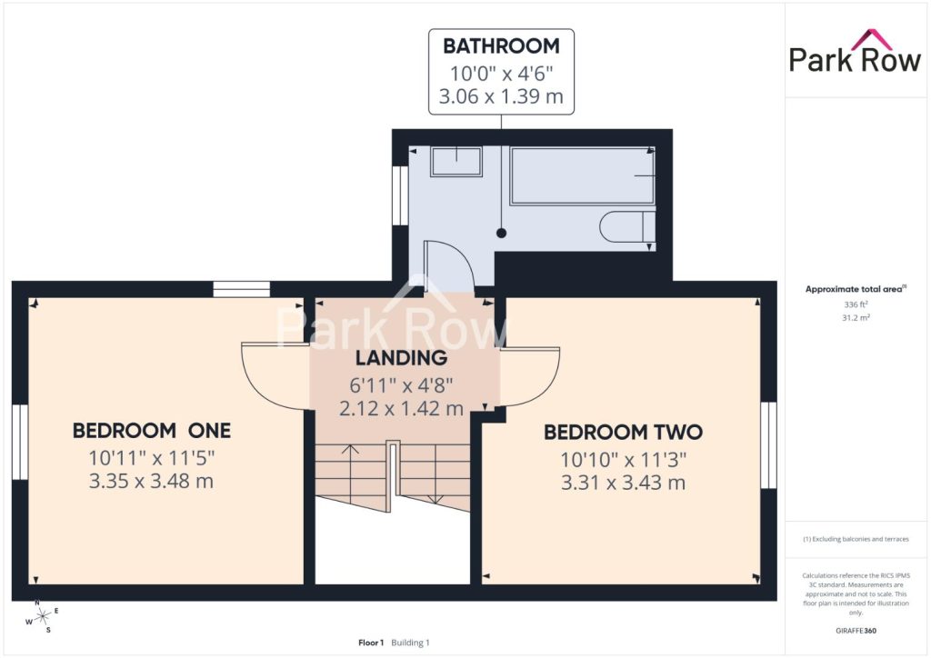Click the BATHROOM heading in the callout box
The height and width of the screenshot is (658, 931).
click(501, 45)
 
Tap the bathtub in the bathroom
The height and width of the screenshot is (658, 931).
click(582, 175)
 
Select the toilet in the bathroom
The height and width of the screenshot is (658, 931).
click(627, 226)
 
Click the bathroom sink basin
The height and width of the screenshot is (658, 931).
click(456, 162)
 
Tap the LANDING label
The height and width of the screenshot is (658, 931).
click(401, 358)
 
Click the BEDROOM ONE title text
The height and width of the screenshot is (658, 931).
click(152, 431)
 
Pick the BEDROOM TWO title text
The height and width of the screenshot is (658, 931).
click(624, 432)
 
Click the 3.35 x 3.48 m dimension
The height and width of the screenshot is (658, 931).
click(151, 481)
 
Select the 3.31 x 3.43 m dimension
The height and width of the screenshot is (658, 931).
click(624, 483)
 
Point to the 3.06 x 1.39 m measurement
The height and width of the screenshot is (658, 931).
click(501, 96)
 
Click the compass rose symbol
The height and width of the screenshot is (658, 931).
click(43, 617)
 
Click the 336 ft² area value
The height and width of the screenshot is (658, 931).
click(856, 304)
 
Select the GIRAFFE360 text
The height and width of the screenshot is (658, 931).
click(856, 631)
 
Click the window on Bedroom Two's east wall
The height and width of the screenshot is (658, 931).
click(769, 445)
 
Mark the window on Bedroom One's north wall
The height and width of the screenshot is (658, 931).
click(242, 290)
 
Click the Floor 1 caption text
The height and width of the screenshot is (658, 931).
click(371, 643)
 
